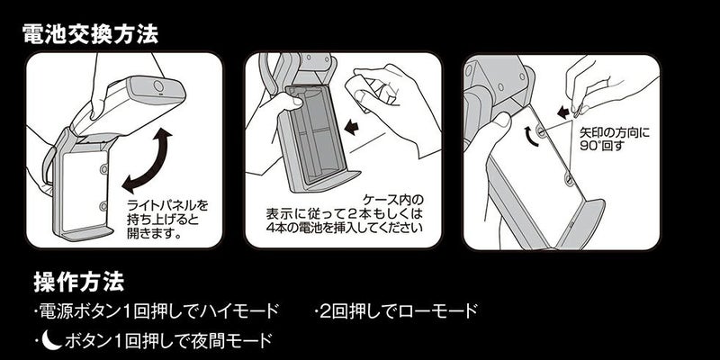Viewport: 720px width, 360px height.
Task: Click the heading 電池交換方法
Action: tap(90, 34)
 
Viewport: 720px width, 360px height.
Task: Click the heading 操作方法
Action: tap(78, 282)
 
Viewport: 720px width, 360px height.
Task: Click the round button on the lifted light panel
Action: tap(159, 85)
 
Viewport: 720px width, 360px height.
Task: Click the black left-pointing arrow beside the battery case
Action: tap(352, 127)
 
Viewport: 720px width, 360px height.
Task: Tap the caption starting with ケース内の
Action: tap(345, 213)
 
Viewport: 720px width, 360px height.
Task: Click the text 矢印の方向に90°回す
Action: tap(615, 140)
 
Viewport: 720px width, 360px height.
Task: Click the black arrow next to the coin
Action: tap(563, 112)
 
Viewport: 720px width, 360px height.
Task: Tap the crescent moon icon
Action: tap(54, 341)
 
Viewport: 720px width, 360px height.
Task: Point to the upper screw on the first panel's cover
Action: tap(103, 169)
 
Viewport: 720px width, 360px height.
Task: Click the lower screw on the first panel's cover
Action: tap(103, 205)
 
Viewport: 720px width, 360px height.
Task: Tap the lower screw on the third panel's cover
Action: tap(570, 179)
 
